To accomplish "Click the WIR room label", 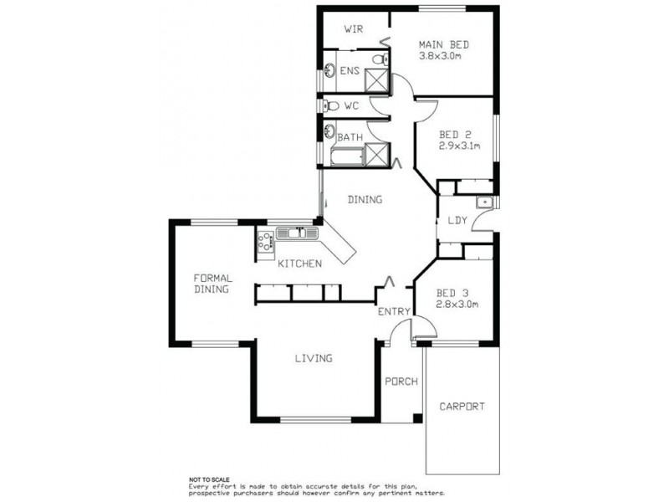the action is coord(354,29).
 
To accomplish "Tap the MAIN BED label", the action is coord(444,44).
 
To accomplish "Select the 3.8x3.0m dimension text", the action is coord(440,55).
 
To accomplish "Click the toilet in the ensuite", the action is coord(380,59).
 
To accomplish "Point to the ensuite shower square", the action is coord(377,80).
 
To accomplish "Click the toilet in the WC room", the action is coord(331,105).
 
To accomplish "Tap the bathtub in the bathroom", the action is coord(348,156).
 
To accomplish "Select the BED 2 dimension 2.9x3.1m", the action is coord(459,146).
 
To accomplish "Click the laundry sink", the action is coord(485,202).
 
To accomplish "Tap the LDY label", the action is coord(457,220).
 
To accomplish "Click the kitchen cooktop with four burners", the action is coord(265,240).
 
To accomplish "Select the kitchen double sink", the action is coord(298,233).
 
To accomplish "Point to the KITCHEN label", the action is coord(299,264).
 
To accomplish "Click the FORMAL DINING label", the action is coord(212,284).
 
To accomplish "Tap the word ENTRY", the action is coord(394,311).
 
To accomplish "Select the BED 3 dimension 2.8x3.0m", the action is coord(457,304).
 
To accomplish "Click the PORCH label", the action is coord(401,381).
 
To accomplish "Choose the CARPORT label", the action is coord(462,407).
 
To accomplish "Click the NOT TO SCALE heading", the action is coord(209,479).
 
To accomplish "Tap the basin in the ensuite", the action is coord(329,70).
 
